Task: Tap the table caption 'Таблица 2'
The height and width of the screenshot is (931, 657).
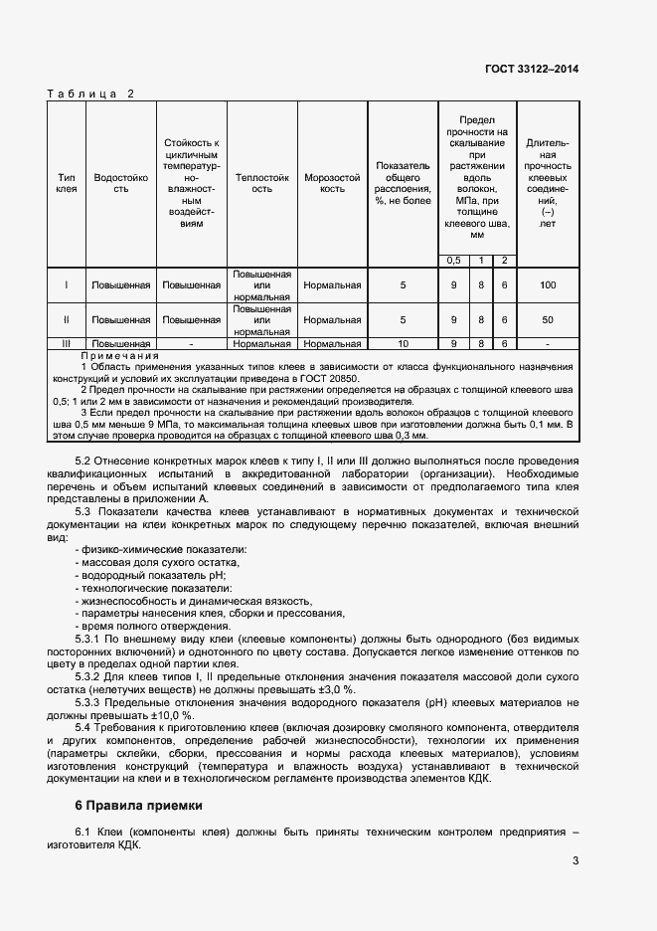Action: [89, 94]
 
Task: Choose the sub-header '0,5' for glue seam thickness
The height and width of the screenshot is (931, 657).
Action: [453, 260]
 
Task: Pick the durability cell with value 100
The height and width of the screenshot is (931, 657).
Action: [548, 285]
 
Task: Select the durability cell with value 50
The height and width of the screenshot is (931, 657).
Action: [548, 320]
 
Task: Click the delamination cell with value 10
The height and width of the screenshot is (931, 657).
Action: [403, 343]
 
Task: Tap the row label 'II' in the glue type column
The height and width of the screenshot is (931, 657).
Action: [66, 320]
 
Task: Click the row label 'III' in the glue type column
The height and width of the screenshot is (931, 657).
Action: [66, 343]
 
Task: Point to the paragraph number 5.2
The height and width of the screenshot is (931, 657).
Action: [83, 461]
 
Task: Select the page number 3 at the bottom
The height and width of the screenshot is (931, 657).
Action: [575, 862]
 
